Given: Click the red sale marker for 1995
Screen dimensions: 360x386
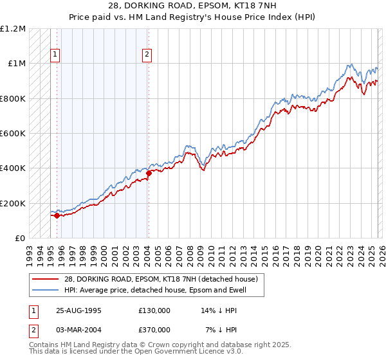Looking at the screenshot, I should coord(57,215).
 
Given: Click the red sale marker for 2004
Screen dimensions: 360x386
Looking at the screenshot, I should coord(149,173).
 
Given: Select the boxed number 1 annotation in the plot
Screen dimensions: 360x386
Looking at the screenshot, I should coord(55,55).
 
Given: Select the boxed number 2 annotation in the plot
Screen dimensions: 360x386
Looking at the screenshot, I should coord(147,55).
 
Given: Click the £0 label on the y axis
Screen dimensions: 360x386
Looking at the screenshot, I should coord(19,239).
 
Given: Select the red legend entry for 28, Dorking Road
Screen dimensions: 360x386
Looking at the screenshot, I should coord(161,279).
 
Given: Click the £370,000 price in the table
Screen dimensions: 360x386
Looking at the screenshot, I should coord(154,329).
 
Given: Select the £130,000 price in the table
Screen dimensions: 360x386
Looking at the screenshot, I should coord(154,310).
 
